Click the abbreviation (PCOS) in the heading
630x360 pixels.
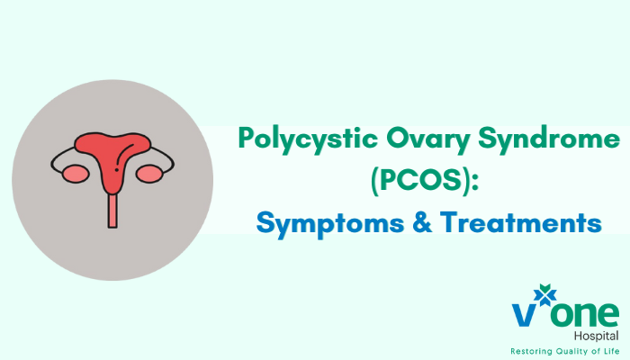click(x=422, y=181)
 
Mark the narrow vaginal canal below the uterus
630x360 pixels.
click(x=112, y=209)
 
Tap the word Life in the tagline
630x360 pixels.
click(x=608, y=350)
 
